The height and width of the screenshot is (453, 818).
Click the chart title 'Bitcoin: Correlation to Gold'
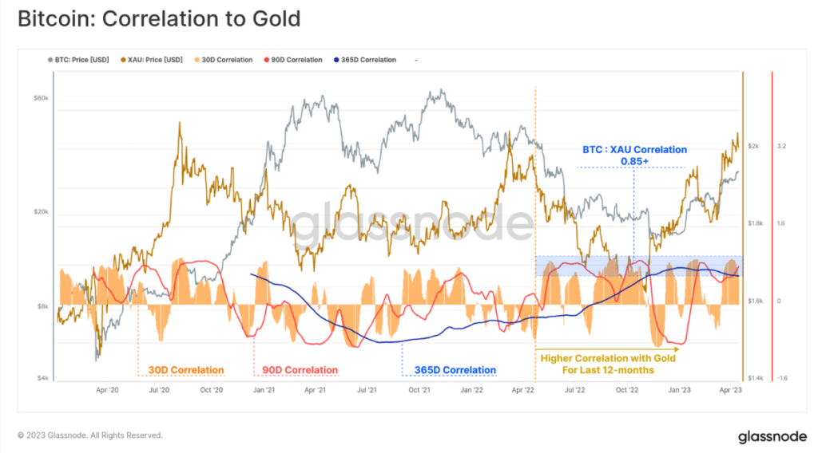(159, 18)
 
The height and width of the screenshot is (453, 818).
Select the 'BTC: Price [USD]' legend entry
(81, 60)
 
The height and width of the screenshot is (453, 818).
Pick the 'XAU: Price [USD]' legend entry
(155, 60)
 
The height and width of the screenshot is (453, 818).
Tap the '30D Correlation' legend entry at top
(224, 60)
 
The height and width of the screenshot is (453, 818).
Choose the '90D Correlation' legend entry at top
(295, 60)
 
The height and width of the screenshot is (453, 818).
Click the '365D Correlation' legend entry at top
(367, 60)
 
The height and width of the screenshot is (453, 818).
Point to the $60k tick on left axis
(41, 98)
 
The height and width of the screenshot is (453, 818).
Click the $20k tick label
(41, 212)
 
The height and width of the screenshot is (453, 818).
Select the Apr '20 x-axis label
(107, 391)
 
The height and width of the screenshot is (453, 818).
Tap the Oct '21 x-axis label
(420, 391)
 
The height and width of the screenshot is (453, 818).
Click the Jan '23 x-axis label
(680, 391)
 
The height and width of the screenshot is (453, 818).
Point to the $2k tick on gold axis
(753, 147)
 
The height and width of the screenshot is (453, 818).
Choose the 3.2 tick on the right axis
(781, 147)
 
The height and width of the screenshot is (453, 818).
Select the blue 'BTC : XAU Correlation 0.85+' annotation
(633, 155)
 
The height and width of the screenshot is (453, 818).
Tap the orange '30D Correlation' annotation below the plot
(185, 370)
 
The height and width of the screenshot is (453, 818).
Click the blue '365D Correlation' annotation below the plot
(455, 370)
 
